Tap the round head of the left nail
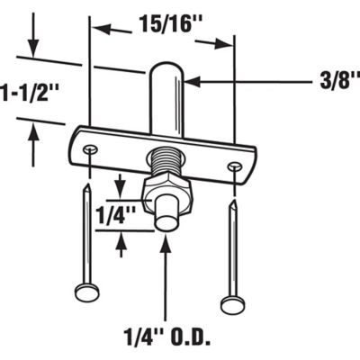(85, 291)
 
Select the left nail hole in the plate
(88, 148)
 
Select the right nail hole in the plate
(235, 166)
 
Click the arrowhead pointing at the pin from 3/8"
(191, 83)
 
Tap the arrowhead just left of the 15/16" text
(100, 29)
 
